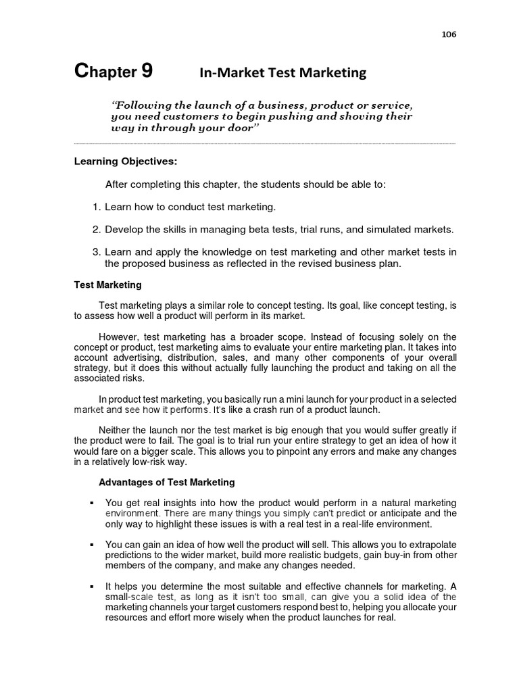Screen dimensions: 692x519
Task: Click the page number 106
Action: coord(449,35)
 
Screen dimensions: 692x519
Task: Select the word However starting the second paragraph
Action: coord(118,337)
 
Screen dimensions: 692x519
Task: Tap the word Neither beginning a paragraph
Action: coord(116,430)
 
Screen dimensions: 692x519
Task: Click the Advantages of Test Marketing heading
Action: coord(167,483)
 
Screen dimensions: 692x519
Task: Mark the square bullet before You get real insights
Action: coord(91,503)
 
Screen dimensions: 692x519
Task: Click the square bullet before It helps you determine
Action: coord(91,587)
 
